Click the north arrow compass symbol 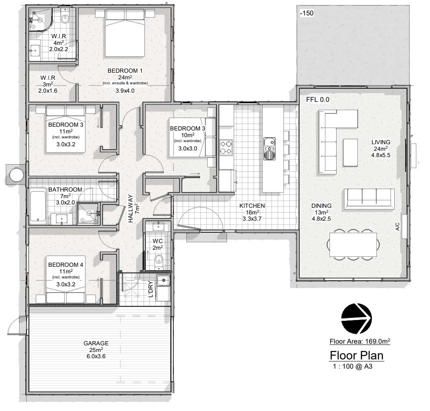(357, 318)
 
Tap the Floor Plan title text (357, 356)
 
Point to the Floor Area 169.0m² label (360, 341)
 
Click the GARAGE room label (96, 343)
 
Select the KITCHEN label (252, 206)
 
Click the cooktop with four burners (226, 148)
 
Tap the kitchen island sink (269, 148)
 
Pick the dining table (353, 244)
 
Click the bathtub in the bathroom (38, 205)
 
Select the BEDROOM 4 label (66, 265)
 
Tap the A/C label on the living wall (398, 226)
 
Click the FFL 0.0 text (318, 100)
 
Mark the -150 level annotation (307, 13)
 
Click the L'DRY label (151, 290)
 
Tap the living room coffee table (350, 153)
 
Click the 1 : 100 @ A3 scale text (353, 366)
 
